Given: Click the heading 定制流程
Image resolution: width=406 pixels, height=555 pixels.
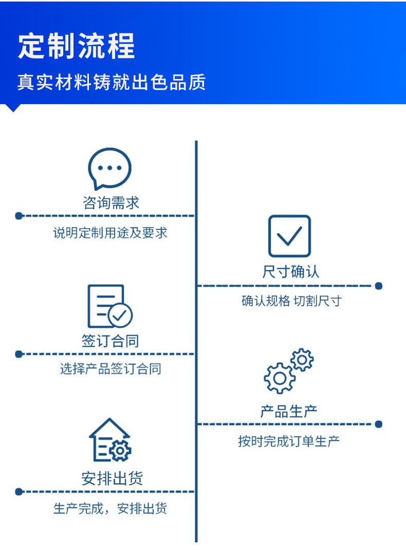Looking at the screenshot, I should click(x=77, y=46).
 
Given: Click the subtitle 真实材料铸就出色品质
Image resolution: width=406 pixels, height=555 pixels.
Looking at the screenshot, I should click(x=112, y=82).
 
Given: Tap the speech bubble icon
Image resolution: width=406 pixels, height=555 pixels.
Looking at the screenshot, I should click(x=109, y=168).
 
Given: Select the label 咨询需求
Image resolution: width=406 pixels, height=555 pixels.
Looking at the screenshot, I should click(x=111, y=203).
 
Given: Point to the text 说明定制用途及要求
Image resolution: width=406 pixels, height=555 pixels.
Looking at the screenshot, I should click(x=110, y=233).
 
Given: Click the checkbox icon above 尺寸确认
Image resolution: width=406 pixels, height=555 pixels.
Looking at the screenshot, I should click(x=289, y=236).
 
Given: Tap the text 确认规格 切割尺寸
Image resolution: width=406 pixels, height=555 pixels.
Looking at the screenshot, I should click(x=291, y=301).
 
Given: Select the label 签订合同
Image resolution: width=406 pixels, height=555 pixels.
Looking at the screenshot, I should click(x=110, y=341).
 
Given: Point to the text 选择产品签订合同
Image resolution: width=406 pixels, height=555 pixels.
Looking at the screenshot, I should click(x=110, y=369).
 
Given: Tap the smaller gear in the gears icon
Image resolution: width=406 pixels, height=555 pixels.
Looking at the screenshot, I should click(x=302, y=360).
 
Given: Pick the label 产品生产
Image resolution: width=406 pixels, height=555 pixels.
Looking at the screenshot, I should click(x=289, y=411).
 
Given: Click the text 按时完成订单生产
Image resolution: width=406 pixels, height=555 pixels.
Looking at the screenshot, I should click(x=289, y=441).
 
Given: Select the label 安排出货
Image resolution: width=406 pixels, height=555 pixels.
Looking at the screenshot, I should click(x=112, y=478).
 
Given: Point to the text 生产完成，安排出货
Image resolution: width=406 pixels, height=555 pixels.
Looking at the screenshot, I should click(x=110, y=508).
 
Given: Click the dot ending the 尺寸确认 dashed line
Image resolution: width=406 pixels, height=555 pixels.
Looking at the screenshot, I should click(x=379, y=286).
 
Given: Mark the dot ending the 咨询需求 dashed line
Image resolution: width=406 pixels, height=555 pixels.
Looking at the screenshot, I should click(x=19, y=216).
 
